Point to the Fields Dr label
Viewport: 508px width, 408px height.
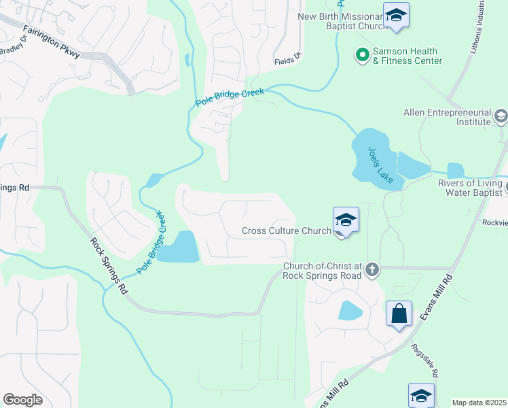(287, 60)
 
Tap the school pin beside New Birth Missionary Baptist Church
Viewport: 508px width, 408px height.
(396, 15)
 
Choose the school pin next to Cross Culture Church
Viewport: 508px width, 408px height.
(346, 220)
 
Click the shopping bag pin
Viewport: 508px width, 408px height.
(399, 314)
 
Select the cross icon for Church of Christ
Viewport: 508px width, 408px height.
(371, 270)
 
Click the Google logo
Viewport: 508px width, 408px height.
(22, 400)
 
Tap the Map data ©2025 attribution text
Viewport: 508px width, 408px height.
(479, 403)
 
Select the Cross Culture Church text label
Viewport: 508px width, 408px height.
(286, 231)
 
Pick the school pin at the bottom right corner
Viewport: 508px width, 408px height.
(421, 394)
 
